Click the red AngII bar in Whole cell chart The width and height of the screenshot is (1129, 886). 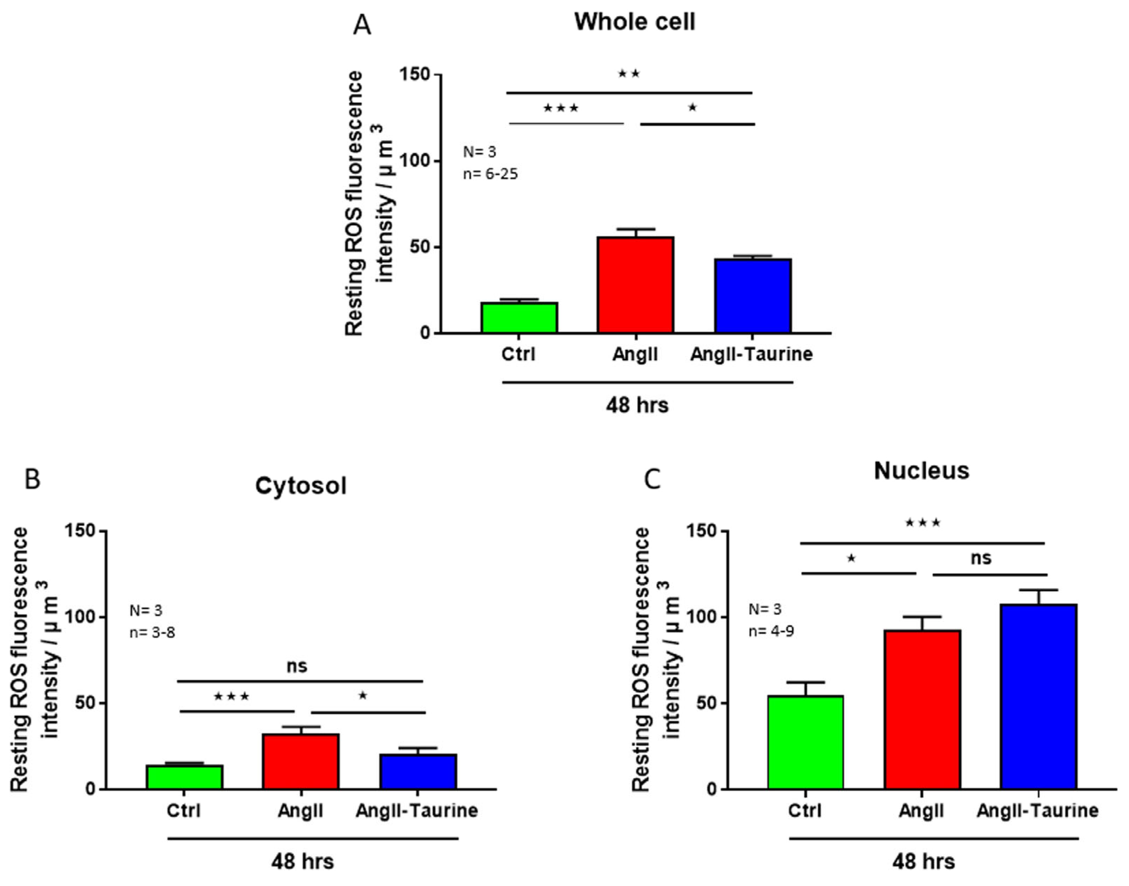click(636, 285)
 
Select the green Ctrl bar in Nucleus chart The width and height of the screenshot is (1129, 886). click(805, 742)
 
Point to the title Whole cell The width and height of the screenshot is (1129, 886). click(634, 22)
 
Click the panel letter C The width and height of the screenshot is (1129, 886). click(652, 480)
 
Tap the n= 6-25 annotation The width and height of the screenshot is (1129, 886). click(490, 174)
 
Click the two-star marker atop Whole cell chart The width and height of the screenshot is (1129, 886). click(629, 74)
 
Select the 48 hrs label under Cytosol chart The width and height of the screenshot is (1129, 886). click(302, 862)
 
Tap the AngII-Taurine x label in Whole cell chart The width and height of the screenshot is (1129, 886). click(751, 354)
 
